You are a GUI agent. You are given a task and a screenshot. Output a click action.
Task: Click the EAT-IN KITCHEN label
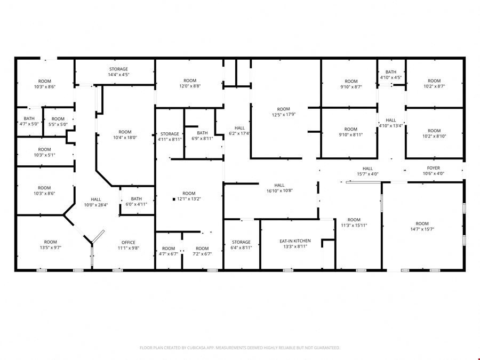(295, 241)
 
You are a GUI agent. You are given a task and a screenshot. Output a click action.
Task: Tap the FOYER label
(434, 168)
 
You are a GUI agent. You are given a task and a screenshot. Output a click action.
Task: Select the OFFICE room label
(128, 243)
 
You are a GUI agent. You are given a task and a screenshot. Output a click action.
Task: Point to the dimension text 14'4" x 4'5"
(118, 75)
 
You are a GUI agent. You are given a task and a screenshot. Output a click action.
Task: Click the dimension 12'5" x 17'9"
(284, 115)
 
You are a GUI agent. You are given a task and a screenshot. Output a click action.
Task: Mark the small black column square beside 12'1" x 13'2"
(174, 199)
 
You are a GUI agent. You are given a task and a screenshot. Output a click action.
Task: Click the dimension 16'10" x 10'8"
(279, 191)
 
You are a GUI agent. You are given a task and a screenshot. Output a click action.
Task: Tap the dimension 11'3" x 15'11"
(354, 226)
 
